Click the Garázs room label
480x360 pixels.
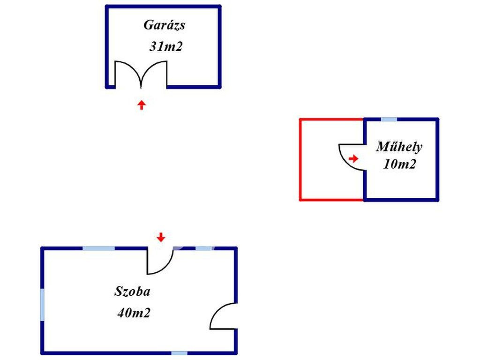(x=164, y=25)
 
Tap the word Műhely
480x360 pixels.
(x=399, y=147)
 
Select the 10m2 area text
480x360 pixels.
(x=399, y=165)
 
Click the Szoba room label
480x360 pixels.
(x=133, y=292)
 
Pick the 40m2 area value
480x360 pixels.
(x=134, y=313)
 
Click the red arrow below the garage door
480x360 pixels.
(x=141, y=105)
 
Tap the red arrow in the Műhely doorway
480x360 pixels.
(x=353, y=159)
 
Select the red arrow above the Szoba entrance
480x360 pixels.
(x=161, y=237)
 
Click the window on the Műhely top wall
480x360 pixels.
(x=389, y=120)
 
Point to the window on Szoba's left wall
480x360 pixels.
(x=43, y=305)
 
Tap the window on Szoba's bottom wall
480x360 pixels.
(x=179, y=353)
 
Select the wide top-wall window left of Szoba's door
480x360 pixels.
(x=98, y=248)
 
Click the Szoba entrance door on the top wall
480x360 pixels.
(x=159, y=262)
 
